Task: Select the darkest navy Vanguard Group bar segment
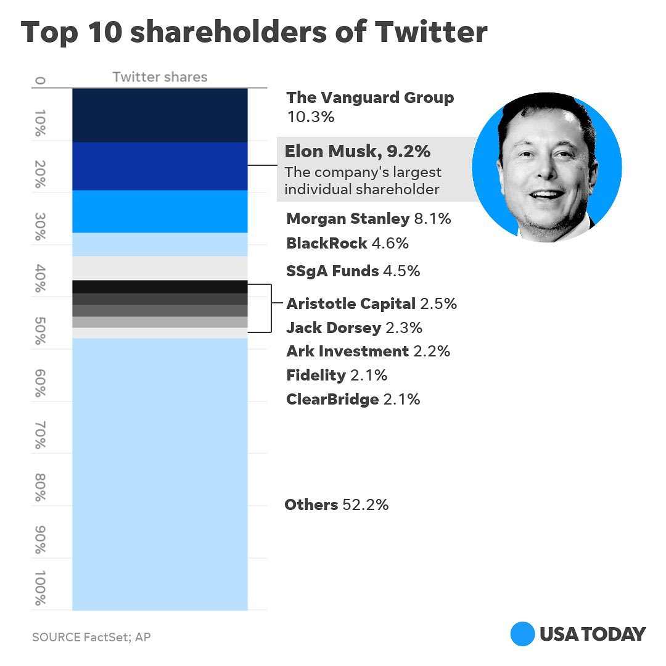point(160,115)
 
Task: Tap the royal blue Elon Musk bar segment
point(160,166)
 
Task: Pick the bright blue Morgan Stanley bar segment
point(160,212)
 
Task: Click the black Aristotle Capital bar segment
point(160,286)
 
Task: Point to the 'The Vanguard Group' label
point(370,98)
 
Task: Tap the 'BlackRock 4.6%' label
point(347,243)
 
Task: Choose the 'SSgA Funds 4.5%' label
point(353,271)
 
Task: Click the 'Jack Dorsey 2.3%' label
point(354,327)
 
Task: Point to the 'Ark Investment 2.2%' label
point(368,351)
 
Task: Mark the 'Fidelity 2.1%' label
point(337,375)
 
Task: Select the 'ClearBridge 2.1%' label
point(353,400)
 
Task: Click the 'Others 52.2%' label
point(336,505)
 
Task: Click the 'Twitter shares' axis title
point(160,77)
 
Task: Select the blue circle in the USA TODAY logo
point(522,634)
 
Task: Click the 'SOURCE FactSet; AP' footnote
point(91,636)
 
